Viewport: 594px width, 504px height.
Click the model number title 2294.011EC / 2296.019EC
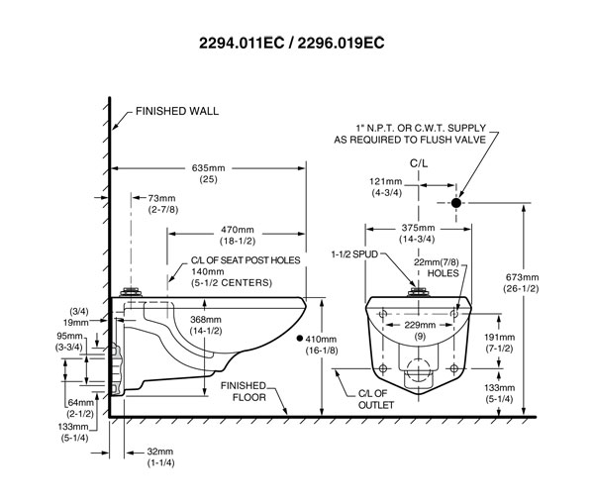[x=292, y=43]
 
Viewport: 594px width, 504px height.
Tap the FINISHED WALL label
[x=177, y=111]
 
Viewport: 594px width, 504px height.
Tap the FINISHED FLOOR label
[x=244, y=391]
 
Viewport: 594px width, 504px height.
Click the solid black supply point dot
[x=456, y=203]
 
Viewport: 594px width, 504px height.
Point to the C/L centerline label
[x=419, y=163]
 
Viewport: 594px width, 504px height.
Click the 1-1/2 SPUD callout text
[x=355, y=254]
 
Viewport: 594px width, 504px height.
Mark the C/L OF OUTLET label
[x=376, y=399]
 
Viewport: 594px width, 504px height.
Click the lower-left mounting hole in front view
[x=383, y=368]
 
